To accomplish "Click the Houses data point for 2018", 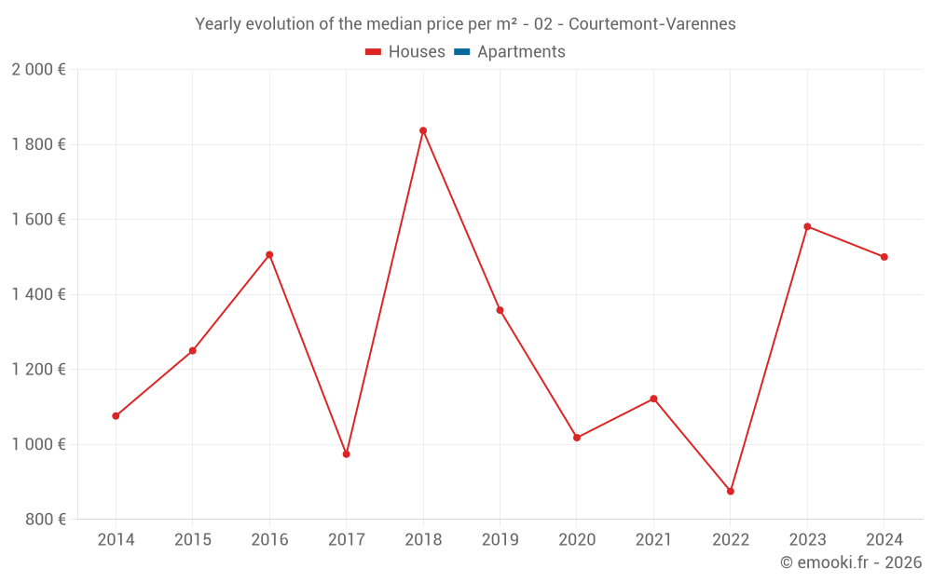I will (423, 130).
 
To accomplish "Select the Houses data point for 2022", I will (731, 491).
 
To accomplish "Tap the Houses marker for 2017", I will (346, 454).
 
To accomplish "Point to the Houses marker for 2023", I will (807, 226).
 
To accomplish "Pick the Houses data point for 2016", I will (269, 254).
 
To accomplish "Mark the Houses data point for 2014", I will (116, 416).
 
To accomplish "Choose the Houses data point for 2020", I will (577, 438).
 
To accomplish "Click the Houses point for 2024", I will (884, 257).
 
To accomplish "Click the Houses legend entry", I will (405, 52).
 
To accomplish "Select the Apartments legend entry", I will (510, 52).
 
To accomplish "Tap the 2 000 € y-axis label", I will (38, 70).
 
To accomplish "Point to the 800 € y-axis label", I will (44, 519).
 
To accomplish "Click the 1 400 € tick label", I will (38, 294).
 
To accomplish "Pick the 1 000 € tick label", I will (38, 444).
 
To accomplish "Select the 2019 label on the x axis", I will (500, 540).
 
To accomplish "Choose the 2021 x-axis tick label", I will (653, 540).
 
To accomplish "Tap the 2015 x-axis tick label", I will (193, 540).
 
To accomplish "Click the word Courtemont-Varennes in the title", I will (652, 24).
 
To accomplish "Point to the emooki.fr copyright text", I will (851, 562).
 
